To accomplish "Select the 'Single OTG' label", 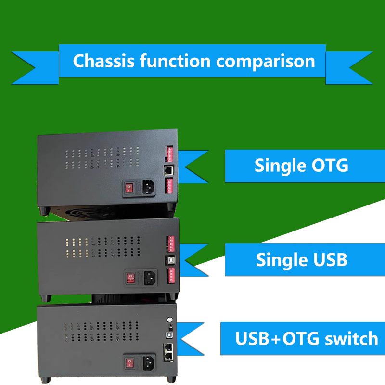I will click(x=301, y=166).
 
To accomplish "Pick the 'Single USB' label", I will click(x=301, y=260).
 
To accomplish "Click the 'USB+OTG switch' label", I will click(x=307, y=338).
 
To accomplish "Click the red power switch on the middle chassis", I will click(x=129, y=277).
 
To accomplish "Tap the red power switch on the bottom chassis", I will click(x=129, y=363).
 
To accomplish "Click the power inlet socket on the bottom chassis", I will click(x=149, y=363).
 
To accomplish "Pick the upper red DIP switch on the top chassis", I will click(x=169, y=154).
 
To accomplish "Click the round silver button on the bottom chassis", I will click(x=169, y=319).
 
